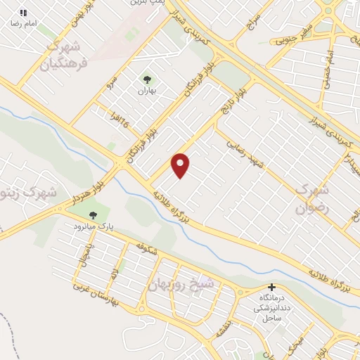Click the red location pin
(x=181, y=165)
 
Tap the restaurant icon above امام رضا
(x=23, y=13)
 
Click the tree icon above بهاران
(x=147, y=80)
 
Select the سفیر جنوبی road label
(x=295, y=34)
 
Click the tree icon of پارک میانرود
(x=93, y=214)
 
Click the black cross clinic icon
(x=272, y=288)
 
